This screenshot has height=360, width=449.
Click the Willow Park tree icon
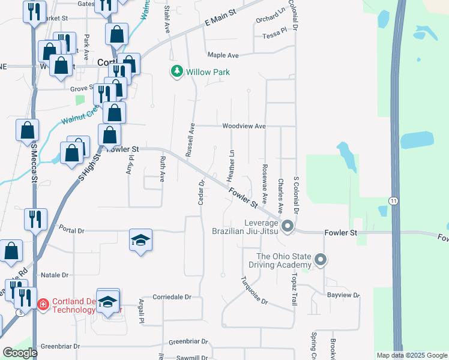coord(176,72)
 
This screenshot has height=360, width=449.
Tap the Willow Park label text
coord(208,72)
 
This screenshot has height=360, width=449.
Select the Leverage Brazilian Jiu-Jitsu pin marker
coord(287,226)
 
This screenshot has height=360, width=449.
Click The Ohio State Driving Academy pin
coord(321,260)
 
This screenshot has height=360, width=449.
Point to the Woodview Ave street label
coord(244,127)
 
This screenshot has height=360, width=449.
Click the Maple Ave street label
coord(223,55)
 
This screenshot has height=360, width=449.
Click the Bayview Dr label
coord(343,295)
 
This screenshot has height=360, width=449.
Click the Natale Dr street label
coord(55,275)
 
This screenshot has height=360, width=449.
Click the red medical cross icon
coord(42,305)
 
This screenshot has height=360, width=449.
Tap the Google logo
coord(20,353)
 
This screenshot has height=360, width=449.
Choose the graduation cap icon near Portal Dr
coord(140,240)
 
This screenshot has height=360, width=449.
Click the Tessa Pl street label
coord(275,36)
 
